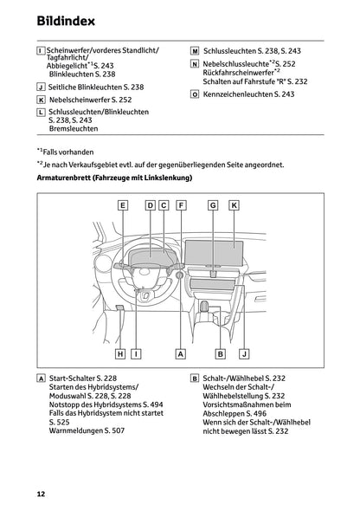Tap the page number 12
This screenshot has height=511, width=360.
41,494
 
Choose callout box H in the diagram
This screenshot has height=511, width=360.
121,353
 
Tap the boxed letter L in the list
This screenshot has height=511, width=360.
42,113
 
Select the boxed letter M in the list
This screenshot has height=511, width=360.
195,52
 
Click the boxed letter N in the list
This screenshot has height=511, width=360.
195,64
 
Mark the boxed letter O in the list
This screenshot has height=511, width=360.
195,94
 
